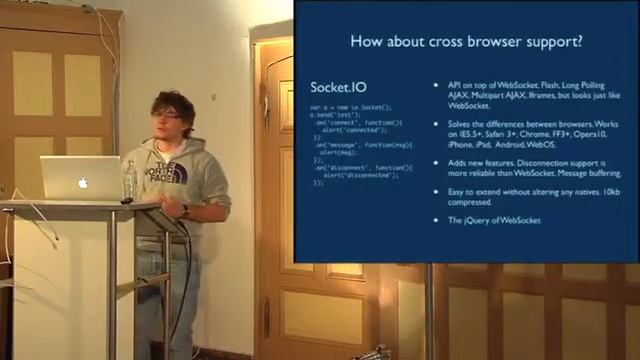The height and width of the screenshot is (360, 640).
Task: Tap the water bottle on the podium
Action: pyautogui.click(x=130, y=180)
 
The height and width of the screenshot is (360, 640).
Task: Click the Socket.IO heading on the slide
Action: pyautogui.click(x=333, y=89)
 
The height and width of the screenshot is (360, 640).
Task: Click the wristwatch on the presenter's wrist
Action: pyautogui.click(x=185, y=211)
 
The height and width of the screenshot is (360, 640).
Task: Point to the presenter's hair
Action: pyautogui.click(x=171, y=103)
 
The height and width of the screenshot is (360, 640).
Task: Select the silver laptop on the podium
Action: pyautogui.click(x=80, y=178)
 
